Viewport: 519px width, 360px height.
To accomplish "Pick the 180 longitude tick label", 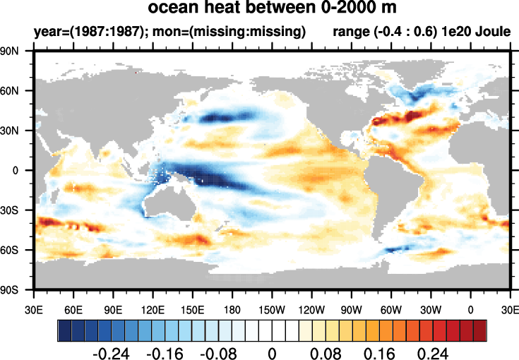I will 232,308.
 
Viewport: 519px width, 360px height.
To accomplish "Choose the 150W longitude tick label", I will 272,308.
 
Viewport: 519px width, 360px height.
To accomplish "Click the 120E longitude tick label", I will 153,308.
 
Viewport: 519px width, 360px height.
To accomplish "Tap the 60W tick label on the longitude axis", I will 390,308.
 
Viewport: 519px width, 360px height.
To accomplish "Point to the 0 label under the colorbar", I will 271,352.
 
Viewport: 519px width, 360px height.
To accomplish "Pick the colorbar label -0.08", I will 220,352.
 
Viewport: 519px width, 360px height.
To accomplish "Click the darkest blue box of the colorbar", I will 64,330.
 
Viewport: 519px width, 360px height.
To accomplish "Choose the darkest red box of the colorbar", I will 479,330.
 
